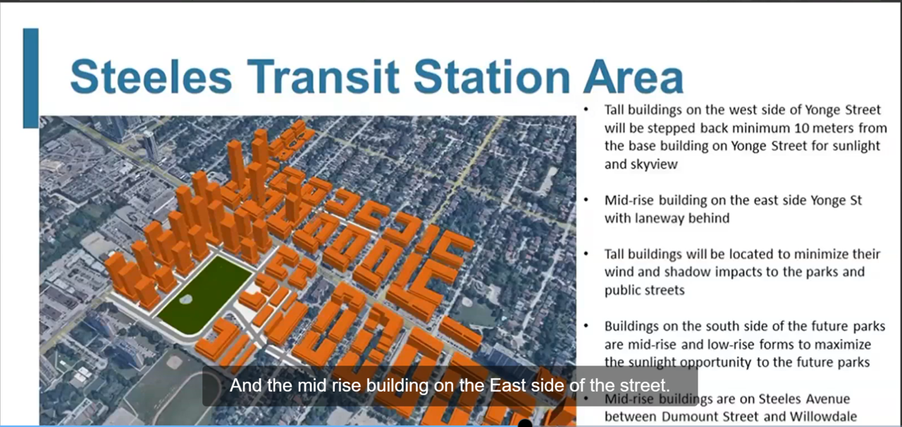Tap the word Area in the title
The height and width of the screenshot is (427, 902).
pyautogui.click(x=632, y=76)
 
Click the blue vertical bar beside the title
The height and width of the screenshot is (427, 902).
pyautogui.click(x=30, y=78)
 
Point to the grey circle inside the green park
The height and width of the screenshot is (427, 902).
pyautogui.click(x=185, y=299)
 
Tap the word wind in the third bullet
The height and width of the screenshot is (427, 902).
pyautogui.click(x=617, y=272)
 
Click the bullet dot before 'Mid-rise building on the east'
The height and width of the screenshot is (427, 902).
pyautogui.click(x=587, y=200)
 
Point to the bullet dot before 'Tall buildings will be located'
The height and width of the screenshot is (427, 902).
pyautogui.click(x=587, y=254)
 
